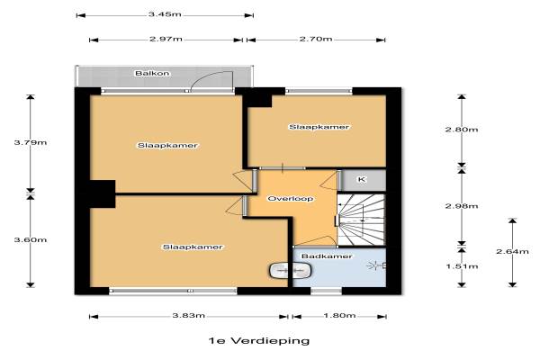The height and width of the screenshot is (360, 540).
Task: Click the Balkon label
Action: (x=152, y=74)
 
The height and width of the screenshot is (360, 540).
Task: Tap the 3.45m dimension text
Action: (x=165, y=14)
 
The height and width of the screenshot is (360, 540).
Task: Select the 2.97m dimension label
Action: (x=166, y=39)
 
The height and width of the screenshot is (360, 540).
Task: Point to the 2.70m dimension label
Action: (x=316, y=39)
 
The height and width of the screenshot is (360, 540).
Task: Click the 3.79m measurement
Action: (x=31, y=142)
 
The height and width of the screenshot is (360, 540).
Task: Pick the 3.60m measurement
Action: (x=31, y=239)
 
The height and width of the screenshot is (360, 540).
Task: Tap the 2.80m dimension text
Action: (x=462, y=130)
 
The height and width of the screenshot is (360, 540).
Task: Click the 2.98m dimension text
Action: (x=462, y=206)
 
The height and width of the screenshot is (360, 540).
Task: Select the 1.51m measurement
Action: (x=462, y=266)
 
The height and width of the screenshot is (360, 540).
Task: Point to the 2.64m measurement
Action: (x=512, y=251)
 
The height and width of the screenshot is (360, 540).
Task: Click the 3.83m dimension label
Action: (x=189, y=316)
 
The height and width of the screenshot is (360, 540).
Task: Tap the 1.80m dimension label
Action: (x=339, y=316)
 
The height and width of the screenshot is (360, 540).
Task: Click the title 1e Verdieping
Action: (x=259, y=341)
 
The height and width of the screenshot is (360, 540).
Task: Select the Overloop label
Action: (x=291, y=199)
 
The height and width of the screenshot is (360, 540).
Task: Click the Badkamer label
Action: (x=327, y=256)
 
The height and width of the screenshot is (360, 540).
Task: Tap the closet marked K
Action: (x=362, y=180)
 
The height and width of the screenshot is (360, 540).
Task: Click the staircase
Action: (x=361, y=220)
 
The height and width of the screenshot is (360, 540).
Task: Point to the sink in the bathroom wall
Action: (x=291, y=270)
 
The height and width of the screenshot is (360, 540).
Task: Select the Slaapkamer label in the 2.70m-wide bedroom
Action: (x=319, y=127)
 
